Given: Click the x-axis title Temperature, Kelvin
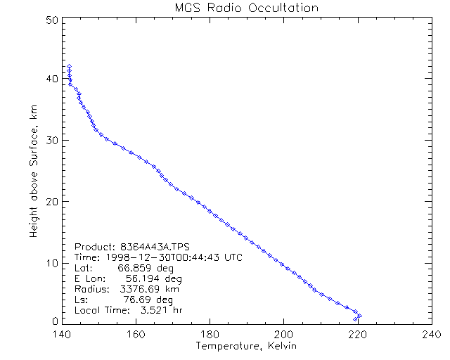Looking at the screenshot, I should [x=246, y=346].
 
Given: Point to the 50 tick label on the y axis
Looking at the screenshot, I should [x=51, y=20].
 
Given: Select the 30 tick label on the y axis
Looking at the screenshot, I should [x=51, y=140].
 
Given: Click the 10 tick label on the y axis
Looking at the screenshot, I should [x=51, y=263].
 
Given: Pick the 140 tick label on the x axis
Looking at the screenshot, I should [x=62, y=334].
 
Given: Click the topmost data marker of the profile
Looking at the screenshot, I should [x=69, y=67].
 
